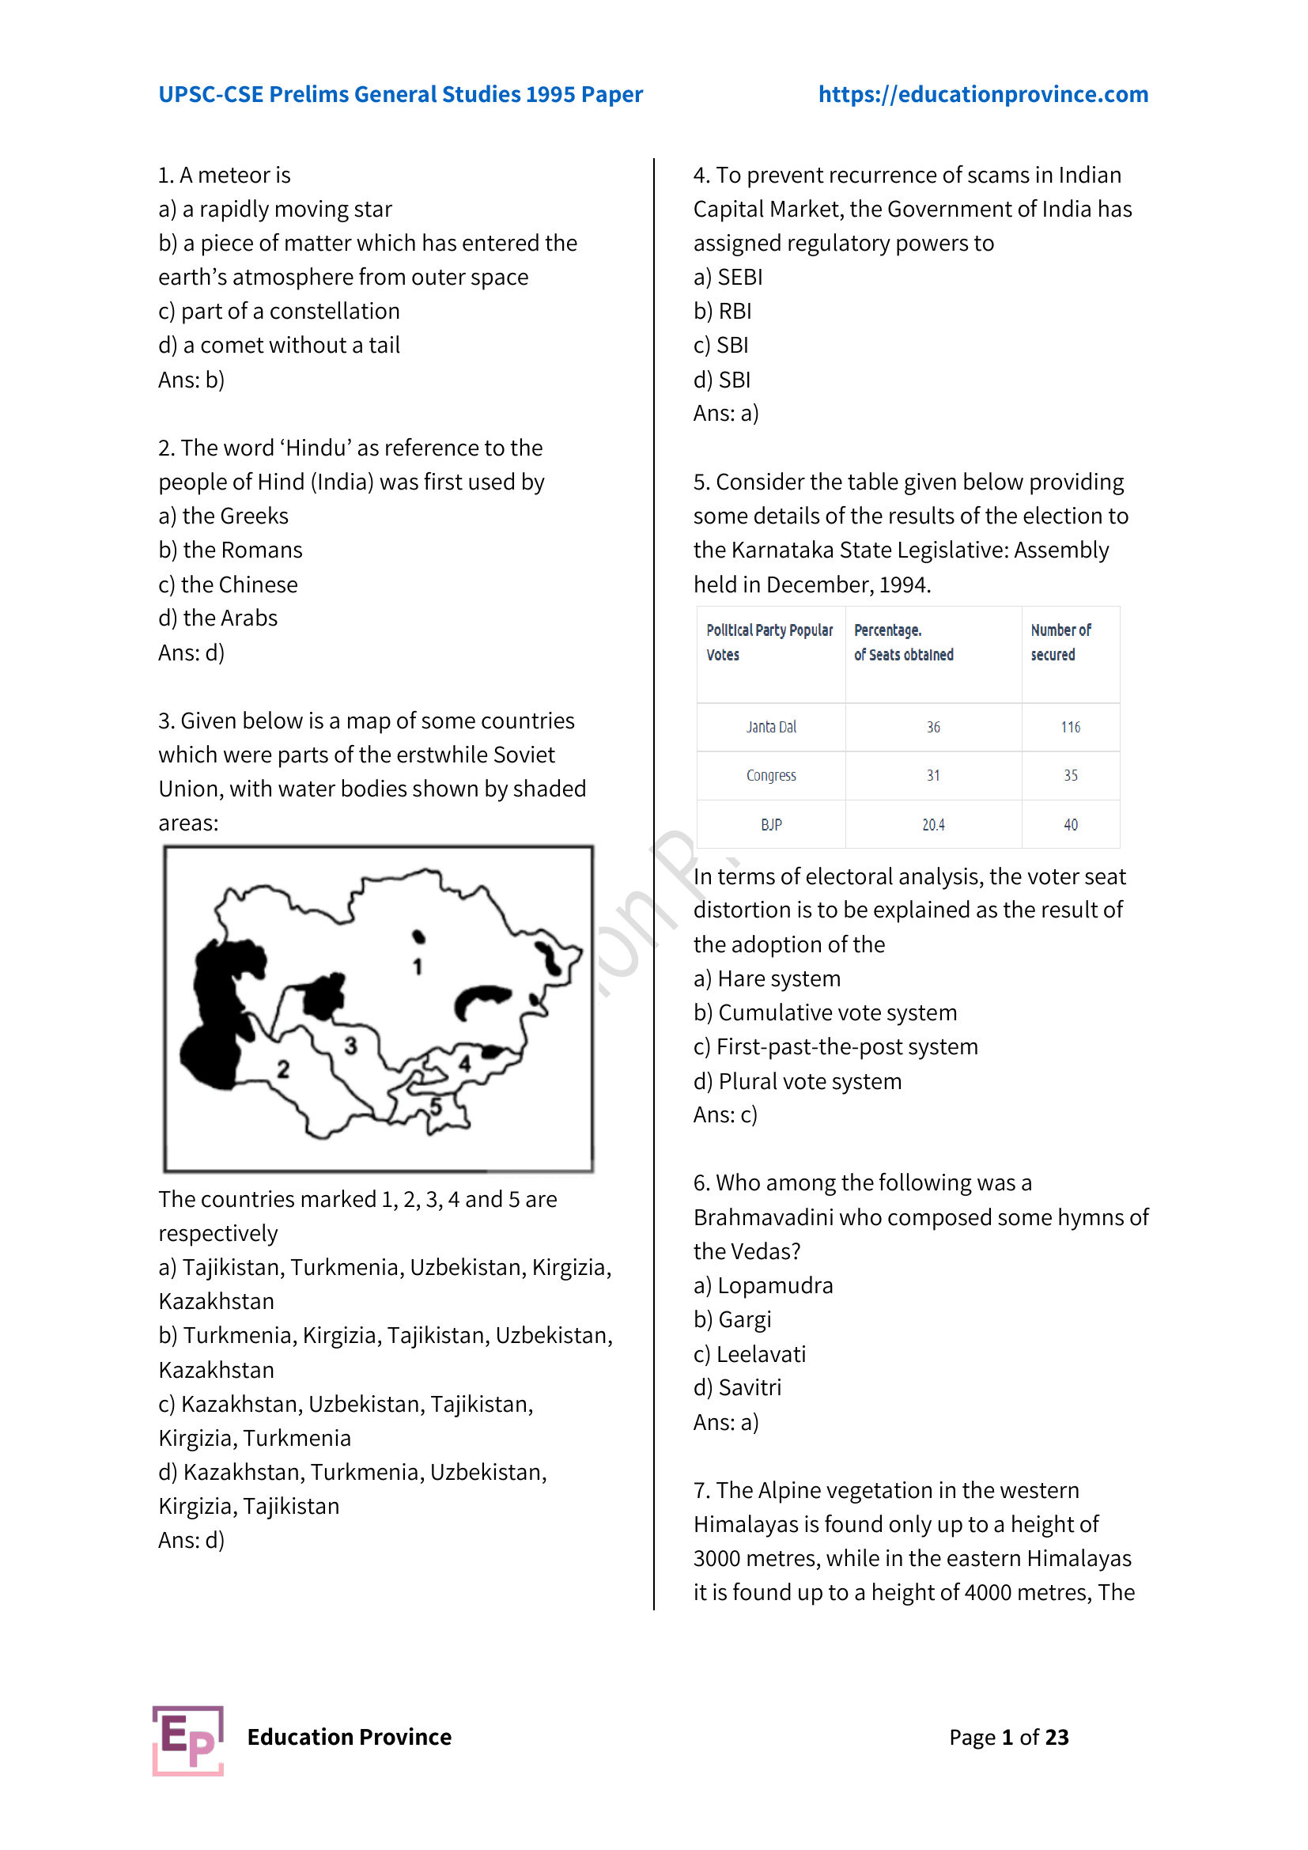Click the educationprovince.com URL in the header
[983, 94]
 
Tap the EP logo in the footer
[187, 1739]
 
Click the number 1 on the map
[418, 966]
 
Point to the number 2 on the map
[282, 1069]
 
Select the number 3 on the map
[350, 1046]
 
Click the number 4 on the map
[465, 1064]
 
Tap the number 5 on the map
[436, 1107]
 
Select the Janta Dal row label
[771, 727]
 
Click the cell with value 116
[1070, 727]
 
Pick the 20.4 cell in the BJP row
[932, 824]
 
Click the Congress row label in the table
[771, 775]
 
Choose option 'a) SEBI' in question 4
[728, 277]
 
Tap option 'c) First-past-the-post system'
[835, 1046]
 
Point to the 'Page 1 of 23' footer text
[1008, 1737]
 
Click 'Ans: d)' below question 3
[191, 1540]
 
